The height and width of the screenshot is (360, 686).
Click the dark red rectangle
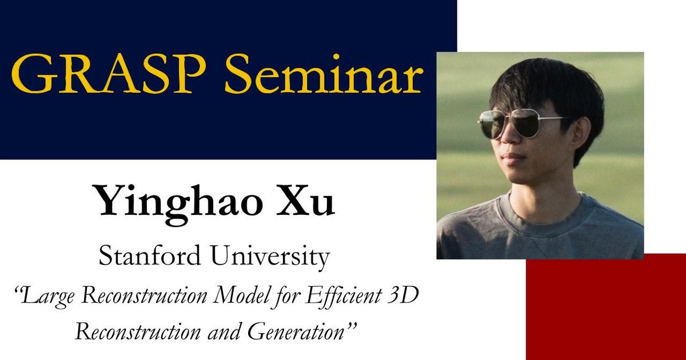pos(606,309)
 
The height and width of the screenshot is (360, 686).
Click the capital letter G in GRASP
pos(29,75)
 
